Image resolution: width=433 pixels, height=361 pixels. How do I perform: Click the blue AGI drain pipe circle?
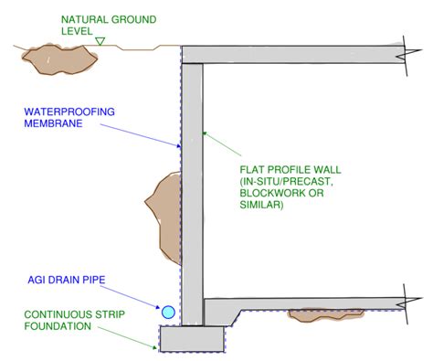(x=168, y=313)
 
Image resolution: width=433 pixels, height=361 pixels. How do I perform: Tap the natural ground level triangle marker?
(x=100, y=40)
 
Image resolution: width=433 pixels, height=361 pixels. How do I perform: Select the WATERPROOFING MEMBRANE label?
(x=60, y=118)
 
